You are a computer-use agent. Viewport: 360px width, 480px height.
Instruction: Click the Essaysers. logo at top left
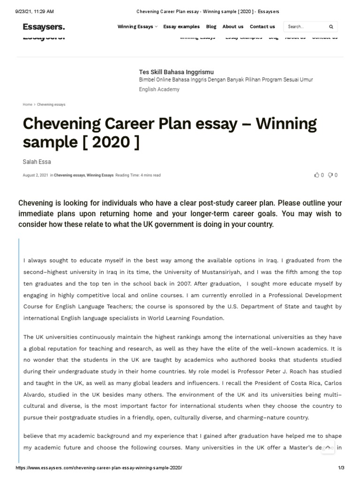tap(44, 27)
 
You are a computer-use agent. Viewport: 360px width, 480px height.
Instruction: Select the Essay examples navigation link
tap(181, 27)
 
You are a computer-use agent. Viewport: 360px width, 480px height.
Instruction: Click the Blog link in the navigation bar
tap(211, 27)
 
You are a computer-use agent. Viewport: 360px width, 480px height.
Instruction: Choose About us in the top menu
tap(232, 27)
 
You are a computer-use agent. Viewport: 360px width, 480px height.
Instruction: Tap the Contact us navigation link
tap(262, 27)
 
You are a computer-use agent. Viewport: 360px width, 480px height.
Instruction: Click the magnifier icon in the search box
tap(331, 27)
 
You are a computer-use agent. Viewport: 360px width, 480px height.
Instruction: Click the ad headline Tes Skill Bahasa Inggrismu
tap(176, 72)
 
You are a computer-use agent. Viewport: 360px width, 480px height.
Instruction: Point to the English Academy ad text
tap(159, 89)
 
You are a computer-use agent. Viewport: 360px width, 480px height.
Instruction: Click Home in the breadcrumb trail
tap(27, 105)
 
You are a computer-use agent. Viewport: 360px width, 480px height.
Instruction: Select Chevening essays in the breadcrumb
tap(51, 105)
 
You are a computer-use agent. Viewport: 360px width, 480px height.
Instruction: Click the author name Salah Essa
tap(37, 162)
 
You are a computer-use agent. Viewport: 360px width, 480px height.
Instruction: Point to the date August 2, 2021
tap(35, 175)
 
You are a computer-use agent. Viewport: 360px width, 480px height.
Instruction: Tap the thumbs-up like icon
tap(317, 175)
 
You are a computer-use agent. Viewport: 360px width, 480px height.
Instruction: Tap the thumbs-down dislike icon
tap(330, 175)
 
